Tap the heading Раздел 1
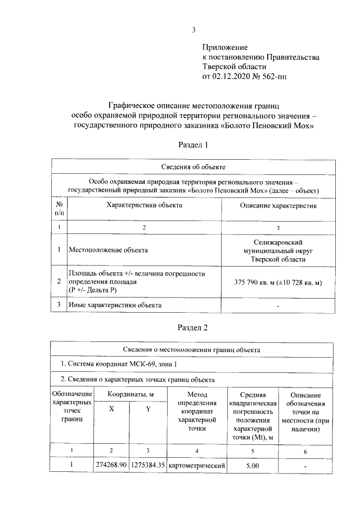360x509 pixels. (x=193, y=145)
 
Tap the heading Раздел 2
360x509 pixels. (x=193, y=327)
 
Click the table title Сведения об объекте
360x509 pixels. (x=193, y=167)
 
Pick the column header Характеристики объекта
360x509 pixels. (x=144, y=206)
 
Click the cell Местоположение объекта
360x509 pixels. (x=108, y=249)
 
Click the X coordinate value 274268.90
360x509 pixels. (x=111, y=466)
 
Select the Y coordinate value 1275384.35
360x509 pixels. (x=148, y=466)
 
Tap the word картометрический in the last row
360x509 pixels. (x=197, y=466)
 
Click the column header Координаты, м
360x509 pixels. (x=130, y=395)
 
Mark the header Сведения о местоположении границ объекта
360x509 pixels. (x=193, y=349)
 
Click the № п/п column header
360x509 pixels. (x=59, y=209)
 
